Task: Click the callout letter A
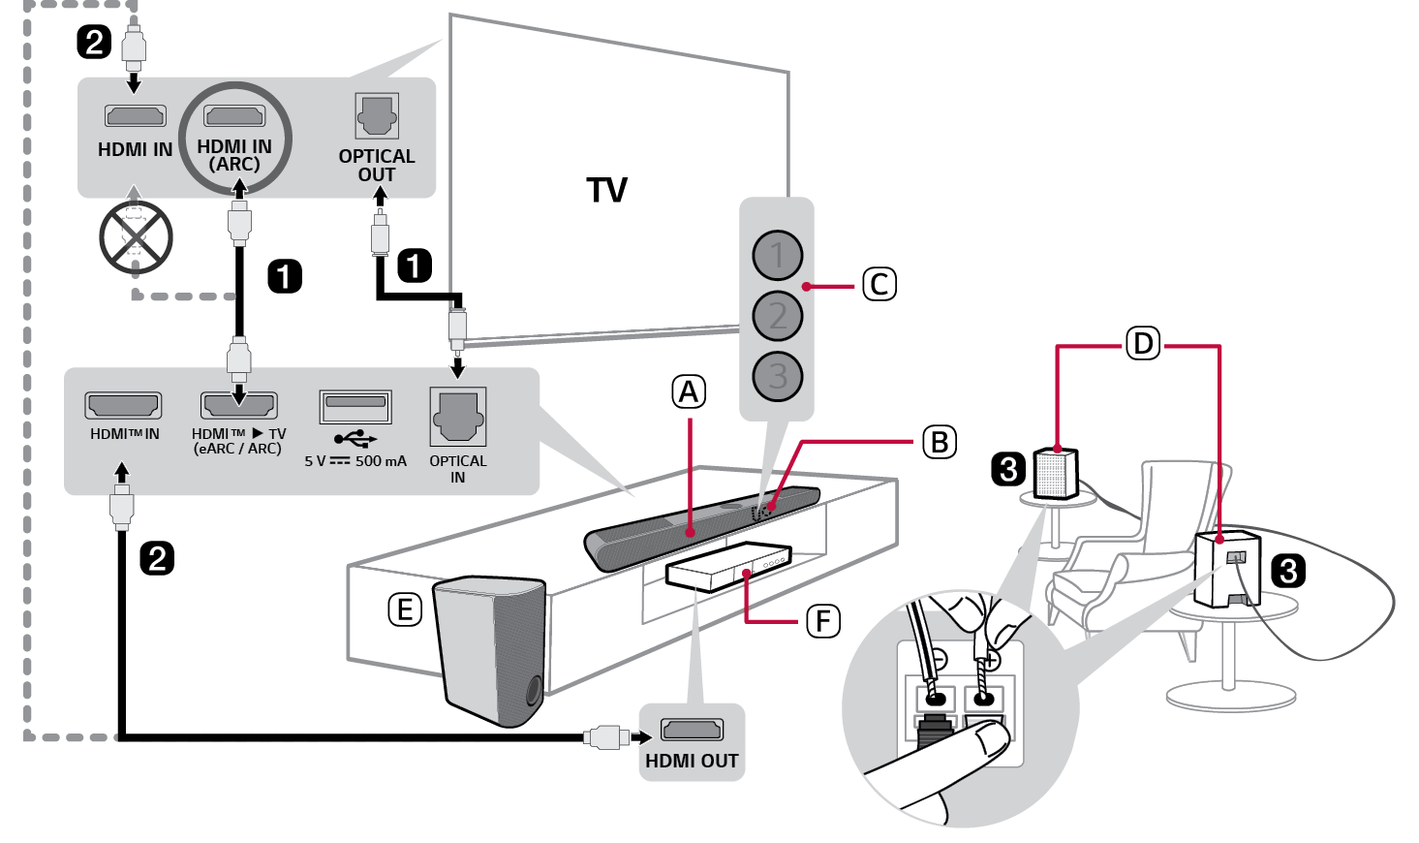pos(689,392)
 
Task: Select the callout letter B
pos(939,442)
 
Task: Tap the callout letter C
pos(879,285)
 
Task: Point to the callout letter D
pos(1143,343)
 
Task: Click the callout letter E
pos(405,609)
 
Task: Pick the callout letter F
pos(823,620)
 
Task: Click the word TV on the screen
pos(607,190)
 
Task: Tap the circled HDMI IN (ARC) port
pos(234,117)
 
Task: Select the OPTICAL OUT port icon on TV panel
pos(377,116)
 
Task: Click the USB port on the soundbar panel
pos(355,404)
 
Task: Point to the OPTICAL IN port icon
pos(457,417)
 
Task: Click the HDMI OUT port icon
pos(692,730)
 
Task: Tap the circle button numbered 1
pos(777,256)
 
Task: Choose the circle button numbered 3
pos(777,376)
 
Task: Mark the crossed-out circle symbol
pos(136,237)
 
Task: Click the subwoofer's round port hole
pos(534,692)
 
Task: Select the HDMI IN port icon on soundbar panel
pos(123,405)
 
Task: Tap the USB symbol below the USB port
pos(355,438)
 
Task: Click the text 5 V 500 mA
pos(355,461)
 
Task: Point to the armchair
pos(1133,562)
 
